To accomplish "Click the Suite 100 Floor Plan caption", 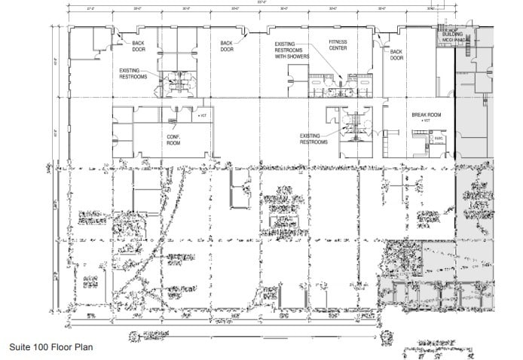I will point(50,348).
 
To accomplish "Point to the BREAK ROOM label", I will point(425,115).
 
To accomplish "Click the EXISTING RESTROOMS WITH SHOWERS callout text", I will point(292,50).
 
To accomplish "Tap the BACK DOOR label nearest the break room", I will point(396,54).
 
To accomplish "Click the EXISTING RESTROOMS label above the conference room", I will point(133,73).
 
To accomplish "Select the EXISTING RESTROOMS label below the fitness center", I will point(313,139).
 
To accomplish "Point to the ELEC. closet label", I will point(438,138).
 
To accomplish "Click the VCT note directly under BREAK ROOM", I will point(427,121).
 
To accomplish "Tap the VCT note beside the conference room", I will point(201,116).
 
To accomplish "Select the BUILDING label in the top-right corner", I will point(452,35).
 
